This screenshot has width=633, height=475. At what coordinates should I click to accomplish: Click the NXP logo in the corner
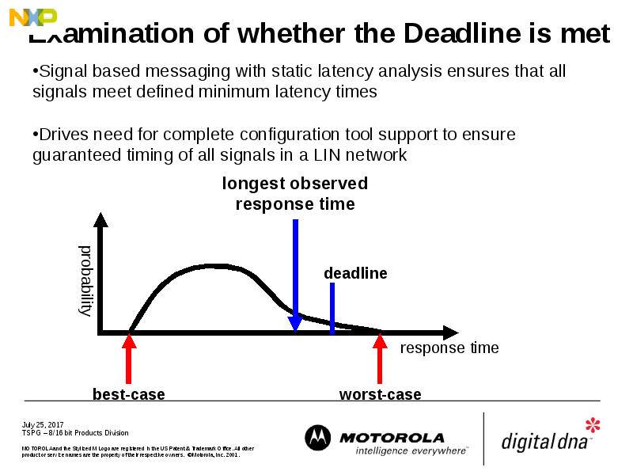pos(32,17)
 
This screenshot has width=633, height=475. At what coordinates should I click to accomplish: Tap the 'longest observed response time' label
pos(295,194)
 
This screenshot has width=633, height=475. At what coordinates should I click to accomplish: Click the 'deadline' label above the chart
pos(355,273)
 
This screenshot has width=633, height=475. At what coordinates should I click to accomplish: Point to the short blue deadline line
pos(332,305)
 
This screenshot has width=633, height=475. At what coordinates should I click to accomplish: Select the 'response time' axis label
pos(449,348)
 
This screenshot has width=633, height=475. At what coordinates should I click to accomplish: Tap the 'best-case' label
pos(129,394)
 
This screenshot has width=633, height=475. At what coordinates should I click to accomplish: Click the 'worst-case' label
pos(380,394)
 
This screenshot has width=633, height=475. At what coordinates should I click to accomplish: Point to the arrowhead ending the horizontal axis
pos(450,332)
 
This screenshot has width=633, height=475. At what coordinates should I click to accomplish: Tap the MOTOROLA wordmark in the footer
pos(392,437)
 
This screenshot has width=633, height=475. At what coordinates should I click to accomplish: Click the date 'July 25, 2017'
pos(43,424)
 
